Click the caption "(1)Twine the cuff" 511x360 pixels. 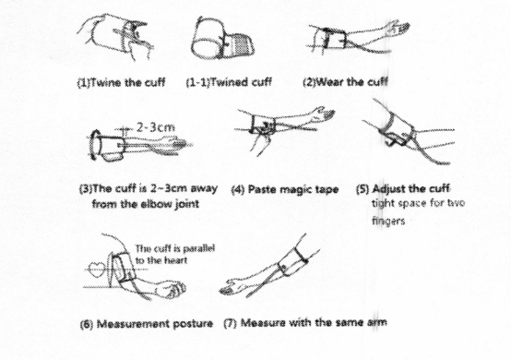pos(121,82)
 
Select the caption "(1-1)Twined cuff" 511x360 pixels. pos(229,82)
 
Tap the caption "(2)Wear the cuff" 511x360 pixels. pos(346,81)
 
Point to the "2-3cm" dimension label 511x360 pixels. pos(156,127)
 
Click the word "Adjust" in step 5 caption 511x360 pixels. pos(388,189)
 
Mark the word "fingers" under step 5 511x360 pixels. pos(388,222)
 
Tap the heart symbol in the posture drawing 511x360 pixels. pos(97,270)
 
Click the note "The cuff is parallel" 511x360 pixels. pos(175,248)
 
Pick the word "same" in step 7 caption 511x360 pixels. pos(347,322)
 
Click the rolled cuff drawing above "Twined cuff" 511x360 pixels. pos(222,39)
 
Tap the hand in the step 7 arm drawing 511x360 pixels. pos(232,287)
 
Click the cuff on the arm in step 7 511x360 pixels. pos(292,262)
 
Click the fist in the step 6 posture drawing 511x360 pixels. pos(172,289)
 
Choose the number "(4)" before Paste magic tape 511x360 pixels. pos(238,190)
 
